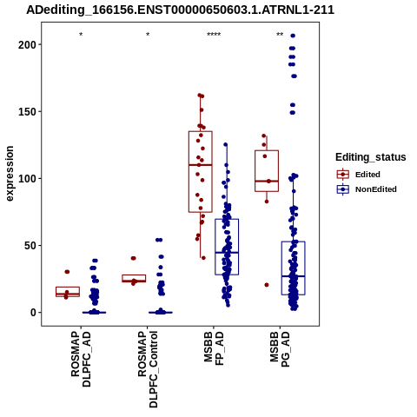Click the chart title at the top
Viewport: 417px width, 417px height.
(x=180, y=10)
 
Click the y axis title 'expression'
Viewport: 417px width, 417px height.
(x=10, y=174)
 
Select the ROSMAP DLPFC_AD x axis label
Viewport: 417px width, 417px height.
(x=81, y=360)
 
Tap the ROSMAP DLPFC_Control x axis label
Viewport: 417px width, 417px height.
(x=148, y=369)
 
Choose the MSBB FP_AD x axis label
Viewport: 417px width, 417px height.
(x=214, y=348)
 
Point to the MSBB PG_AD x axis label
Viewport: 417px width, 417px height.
(x=280, y=349)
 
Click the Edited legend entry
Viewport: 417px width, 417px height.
(x=359, y=175)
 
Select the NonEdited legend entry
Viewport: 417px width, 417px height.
(x=367, y=189)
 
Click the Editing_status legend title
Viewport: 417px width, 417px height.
(x=371, y=157)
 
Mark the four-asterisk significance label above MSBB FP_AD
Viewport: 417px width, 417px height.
(x=214, y=35)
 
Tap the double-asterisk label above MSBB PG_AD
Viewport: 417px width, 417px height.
(x=280, y=35)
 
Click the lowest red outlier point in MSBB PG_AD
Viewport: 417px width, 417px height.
(x=267, y=285)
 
